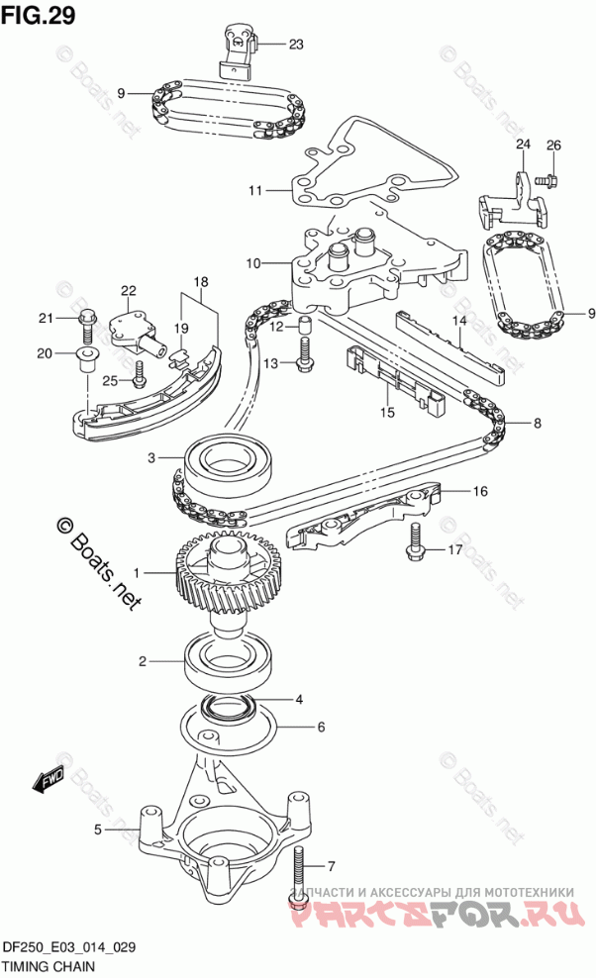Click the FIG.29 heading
(38, 15)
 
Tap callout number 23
(296, 44)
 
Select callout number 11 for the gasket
(254, 189)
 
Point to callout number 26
(553, 145)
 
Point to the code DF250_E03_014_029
(69, 947)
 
